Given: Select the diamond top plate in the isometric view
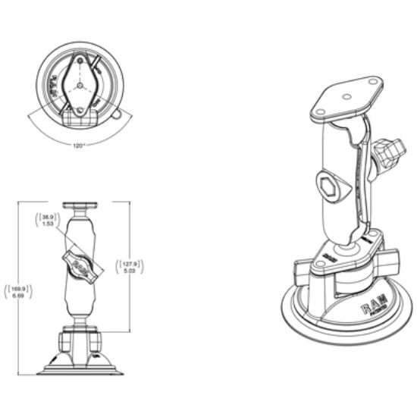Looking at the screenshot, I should pos(346,97).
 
